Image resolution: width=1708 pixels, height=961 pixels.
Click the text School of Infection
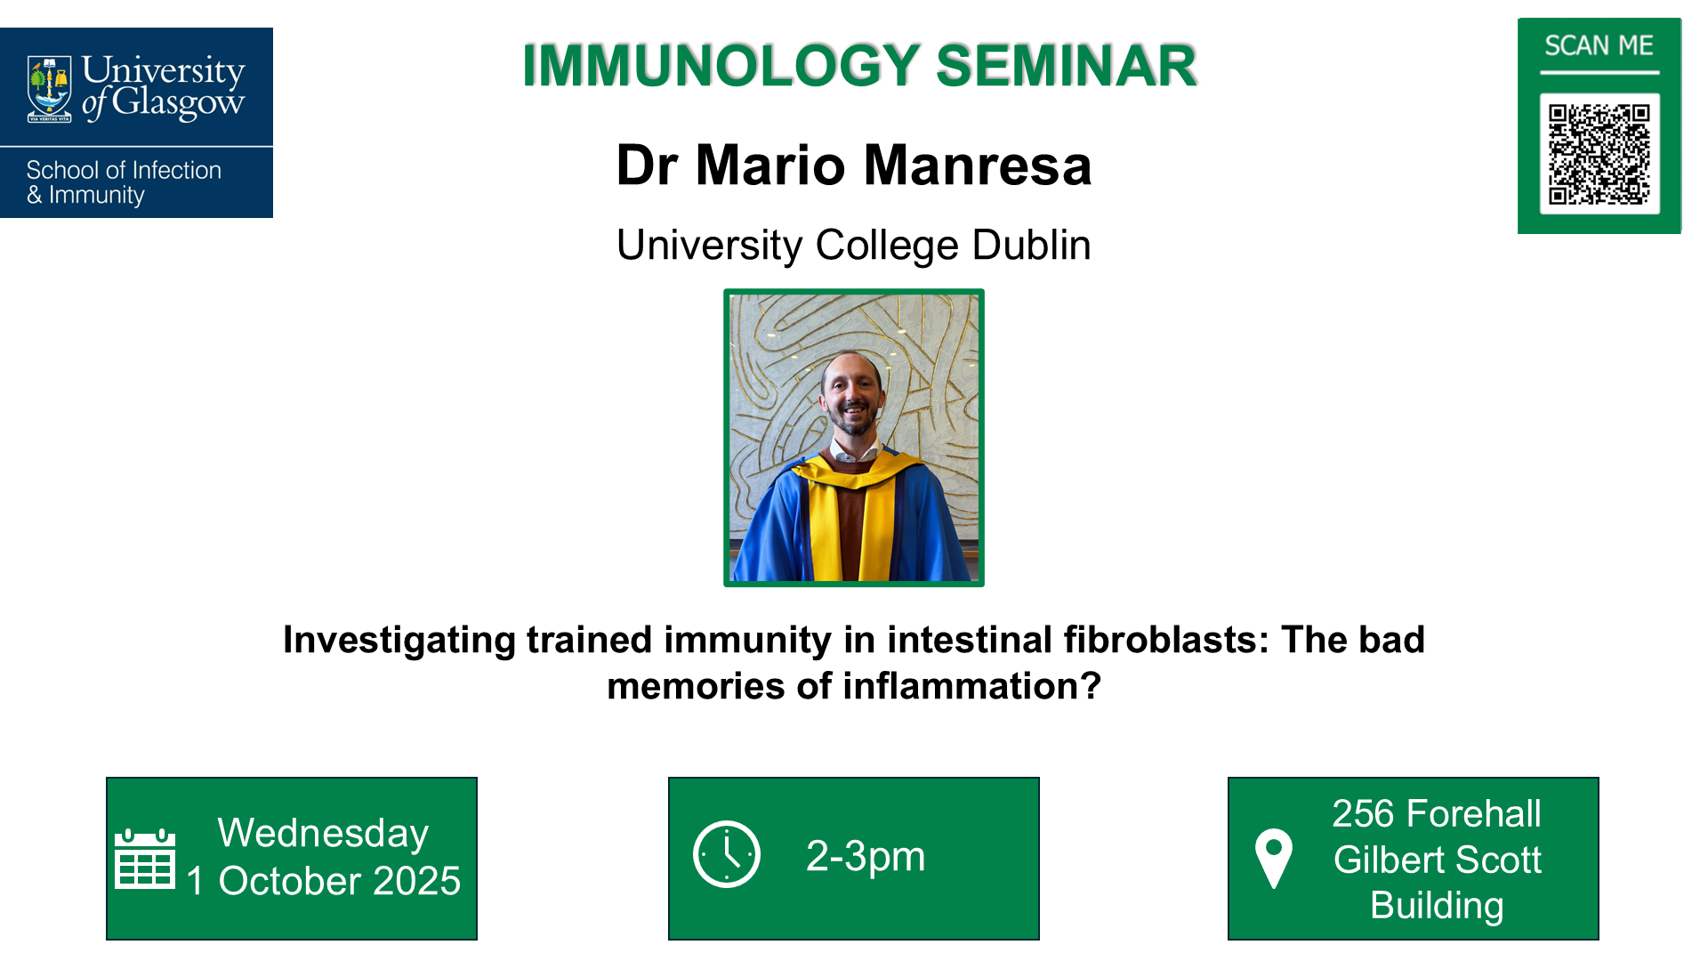tap(124, 170)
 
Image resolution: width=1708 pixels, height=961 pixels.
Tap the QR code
tap(1599, 154)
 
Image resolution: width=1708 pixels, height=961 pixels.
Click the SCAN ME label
tap(1599, 45)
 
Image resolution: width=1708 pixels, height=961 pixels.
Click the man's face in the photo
tap(852, 394)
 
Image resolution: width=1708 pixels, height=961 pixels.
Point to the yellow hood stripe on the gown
tap(825, 525)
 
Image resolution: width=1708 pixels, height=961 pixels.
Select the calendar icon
tap(145, 859)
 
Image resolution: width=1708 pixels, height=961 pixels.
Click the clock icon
tap(727, 854)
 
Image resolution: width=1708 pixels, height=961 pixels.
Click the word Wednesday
tap(323, 834)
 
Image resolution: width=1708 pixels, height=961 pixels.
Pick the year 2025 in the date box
tap(416, 881)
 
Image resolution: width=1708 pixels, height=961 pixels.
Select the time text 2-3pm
tap(865, 856)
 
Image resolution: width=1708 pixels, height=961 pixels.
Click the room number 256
tap(1361, 813)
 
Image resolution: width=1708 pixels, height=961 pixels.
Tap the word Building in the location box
tap(1437, 905)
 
